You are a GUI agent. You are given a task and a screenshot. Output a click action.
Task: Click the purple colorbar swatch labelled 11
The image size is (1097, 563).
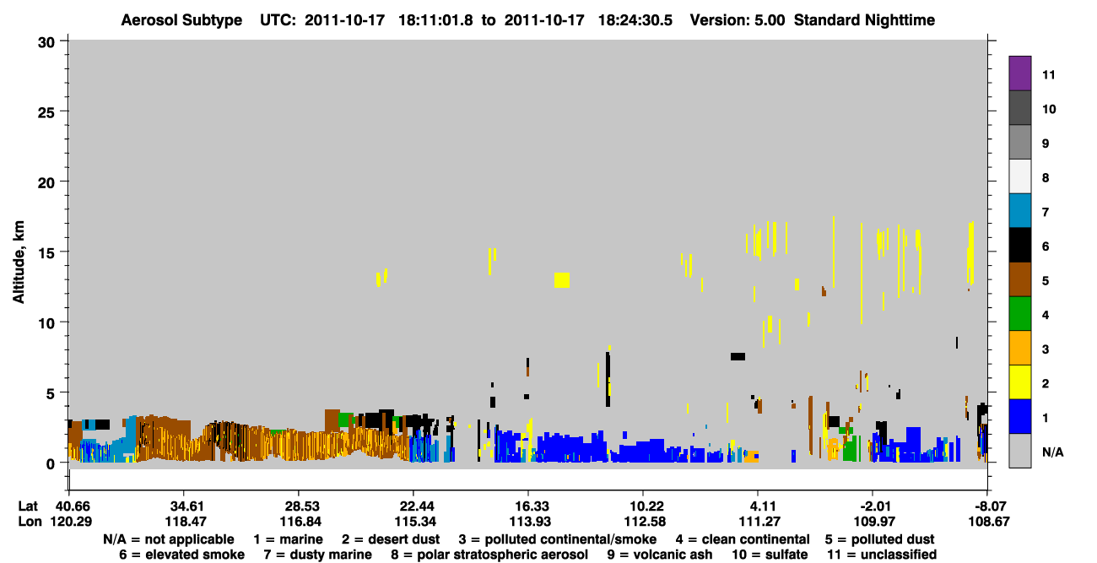1019,73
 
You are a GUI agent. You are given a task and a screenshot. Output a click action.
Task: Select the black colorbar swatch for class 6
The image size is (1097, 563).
1019,245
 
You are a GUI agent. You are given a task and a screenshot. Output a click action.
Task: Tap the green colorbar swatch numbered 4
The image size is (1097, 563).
1019,314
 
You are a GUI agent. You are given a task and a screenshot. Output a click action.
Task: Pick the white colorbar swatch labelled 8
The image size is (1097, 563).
1019,176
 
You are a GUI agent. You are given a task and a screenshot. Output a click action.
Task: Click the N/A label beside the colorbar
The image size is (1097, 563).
1052,452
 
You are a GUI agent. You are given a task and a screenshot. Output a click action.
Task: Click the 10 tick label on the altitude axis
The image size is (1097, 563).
46,323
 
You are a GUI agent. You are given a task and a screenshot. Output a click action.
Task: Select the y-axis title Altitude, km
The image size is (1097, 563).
18,263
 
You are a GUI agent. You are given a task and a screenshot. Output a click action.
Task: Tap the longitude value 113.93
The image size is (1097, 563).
530,522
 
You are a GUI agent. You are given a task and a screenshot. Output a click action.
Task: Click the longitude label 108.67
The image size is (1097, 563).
989,522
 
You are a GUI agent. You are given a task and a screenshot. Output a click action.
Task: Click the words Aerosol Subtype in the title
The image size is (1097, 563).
181,20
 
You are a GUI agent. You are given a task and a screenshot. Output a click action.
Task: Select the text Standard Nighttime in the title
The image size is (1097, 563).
864,20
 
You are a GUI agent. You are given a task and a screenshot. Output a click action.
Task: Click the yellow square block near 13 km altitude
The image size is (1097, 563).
562,279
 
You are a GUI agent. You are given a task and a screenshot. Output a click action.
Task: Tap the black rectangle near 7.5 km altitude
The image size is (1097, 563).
738,356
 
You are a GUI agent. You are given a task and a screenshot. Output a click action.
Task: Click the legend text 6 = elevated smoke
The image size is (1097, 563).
181,555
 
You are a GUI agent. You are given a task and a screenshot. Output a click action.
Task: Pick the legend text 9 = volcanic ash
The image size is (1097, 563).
660,555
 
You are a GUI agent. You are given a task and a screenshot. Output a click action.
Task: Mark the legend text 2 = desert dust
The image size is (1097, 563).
391,539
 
